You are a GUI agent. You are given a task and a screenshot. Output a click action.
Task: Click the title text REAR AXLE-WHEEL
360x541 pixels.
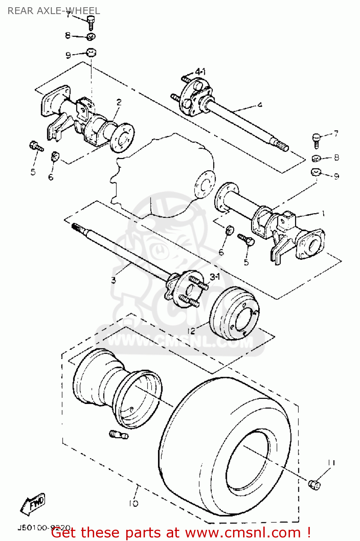(53, 11)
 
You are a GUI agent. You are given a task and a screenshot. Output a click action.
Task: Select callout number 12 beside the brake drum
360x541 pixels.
(191, 330)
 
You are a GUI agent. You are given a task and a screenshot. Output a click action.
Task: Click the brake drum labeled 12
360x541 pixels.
(234, 313)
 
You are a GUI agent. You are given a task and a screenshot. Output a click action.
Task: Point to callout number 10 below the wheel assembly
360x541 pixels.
(133, 503)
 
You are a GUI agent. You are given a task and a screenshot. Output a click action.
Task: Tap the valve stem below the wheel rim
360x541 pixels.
(118, 435)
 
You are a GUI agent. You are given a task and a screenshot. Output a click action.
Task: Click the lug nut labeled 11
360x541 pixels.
(314, 485)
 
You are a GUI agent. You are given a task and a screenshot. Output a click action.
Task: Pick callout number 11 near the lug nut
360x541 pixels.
(331, 462)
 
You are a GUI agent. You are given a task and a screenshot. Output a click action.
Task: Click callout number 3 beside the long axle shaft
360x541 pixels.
(113, 280)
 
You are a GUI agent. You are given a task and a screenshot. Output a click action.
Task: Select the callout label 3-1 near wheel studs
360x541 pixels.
(215, 277)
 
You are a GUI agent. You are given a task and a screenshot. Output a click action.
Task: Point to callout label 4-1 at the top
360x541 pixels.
(200, 72)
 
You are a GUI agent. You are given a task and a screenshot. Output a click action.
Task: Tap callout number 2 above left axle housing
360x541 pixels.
(119, 102)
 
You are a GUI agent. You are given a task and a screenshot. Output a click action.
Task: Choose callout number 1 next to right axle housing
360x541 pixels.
(323, 213)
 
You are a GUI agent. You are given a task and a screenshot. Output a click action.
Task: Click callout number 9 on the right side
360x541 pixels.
(336, 176)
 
